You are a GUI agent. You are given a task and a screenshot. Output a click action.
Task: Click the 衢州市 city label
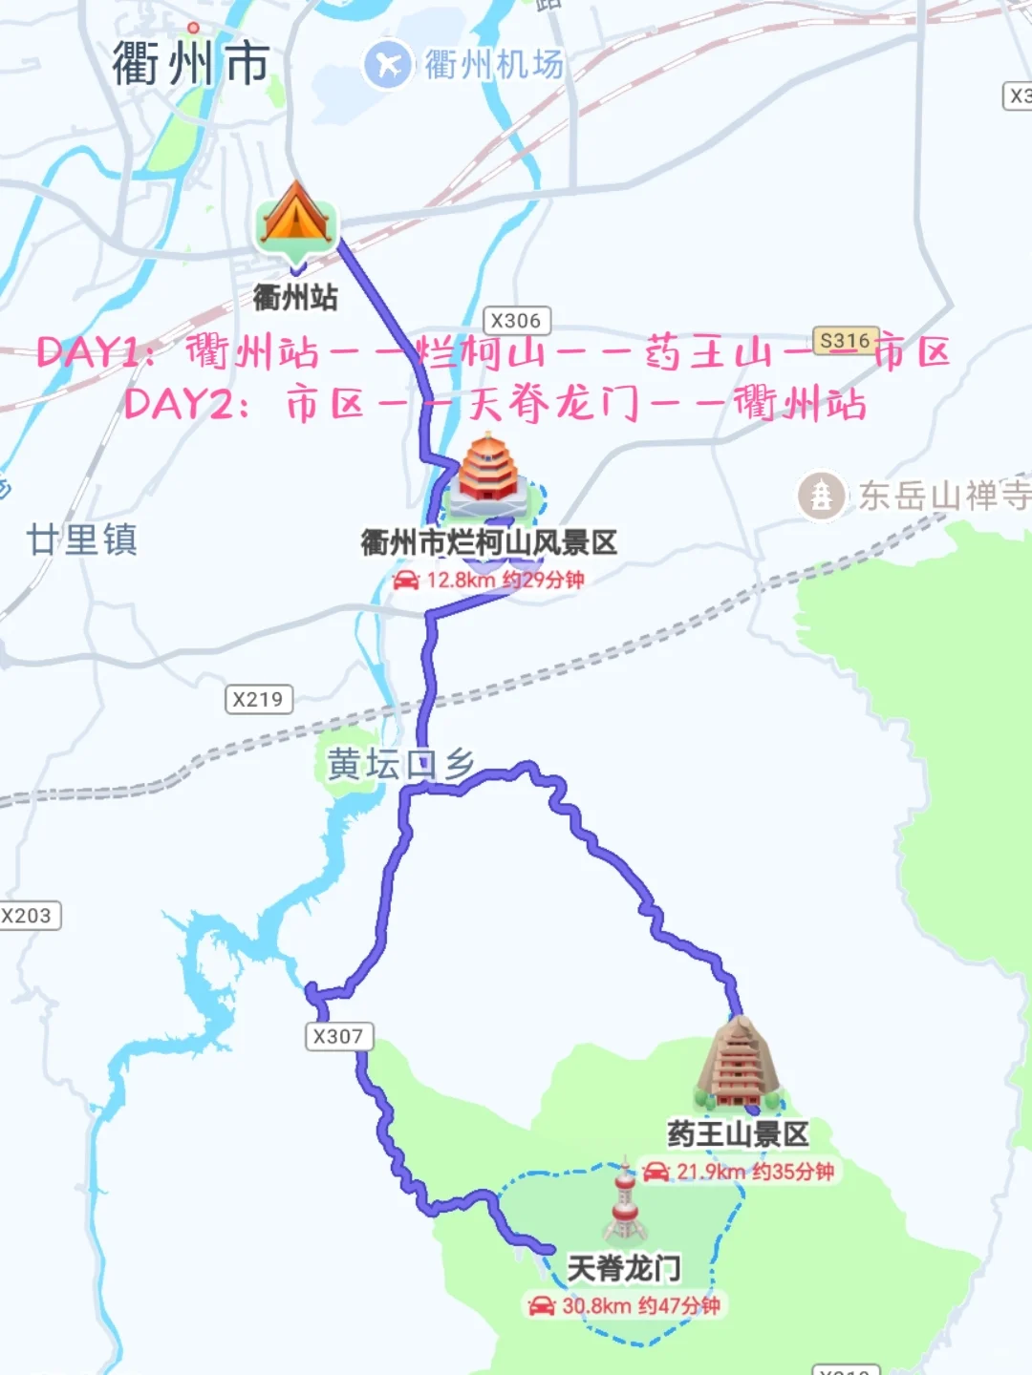point(190,64)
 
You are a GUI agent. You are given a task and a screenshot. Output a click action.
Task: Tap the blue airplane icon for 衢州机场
point(387,65)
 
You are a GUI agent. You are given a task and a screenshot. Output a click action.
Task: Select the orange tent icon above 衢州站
point(295,216)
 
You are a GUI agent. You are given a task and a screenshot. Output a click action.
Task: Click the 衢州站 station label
point(295,298)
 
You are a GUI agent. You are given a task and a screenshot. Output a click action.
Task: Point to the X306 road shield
point(516,321)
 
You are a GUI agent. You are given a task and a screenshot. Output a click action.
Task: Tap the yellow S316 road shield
point(845,341)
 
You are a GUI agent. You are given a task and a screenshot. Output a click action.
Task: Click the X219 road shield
point(258,700)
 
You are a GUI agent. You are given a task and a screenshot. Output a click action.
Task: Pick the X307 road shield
point(338,1037)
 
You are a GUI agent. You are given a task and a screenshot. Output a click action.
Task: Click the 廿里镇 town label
point(82,540)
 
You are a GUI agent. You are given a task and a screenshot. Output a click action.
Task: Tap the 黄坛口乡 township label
point(400,765)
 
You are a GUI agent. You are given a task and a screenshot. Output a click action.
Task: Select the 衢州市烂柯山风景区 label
point(488,543)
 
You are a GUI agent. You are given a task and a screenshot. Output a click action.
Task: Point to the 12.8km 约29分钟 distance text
point(489,580)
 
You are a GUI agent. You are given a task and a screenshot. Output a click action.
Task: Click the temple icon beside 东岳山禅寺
point(821,496)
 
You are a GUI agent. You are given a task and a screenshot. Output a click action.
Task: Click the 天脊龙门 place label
point(624,1268)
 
